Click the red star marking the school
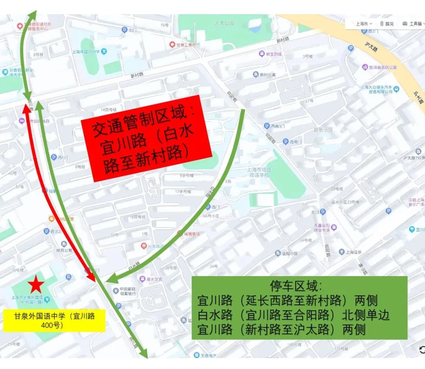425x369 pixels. click(x=36, y=284)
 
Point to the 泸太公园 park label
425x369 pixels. click(x=224, y=23)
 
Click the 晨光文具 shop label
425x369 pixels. click(x=154, y=279)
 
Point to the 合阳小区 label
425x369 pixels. click(x=289, y=254)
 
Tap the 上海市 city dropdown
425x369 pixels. click(x=362, y=24)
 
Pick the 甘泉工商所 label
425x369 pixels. click(x=185, y=45)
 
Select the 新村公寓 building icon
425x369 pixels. click(x=256, y=75)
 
